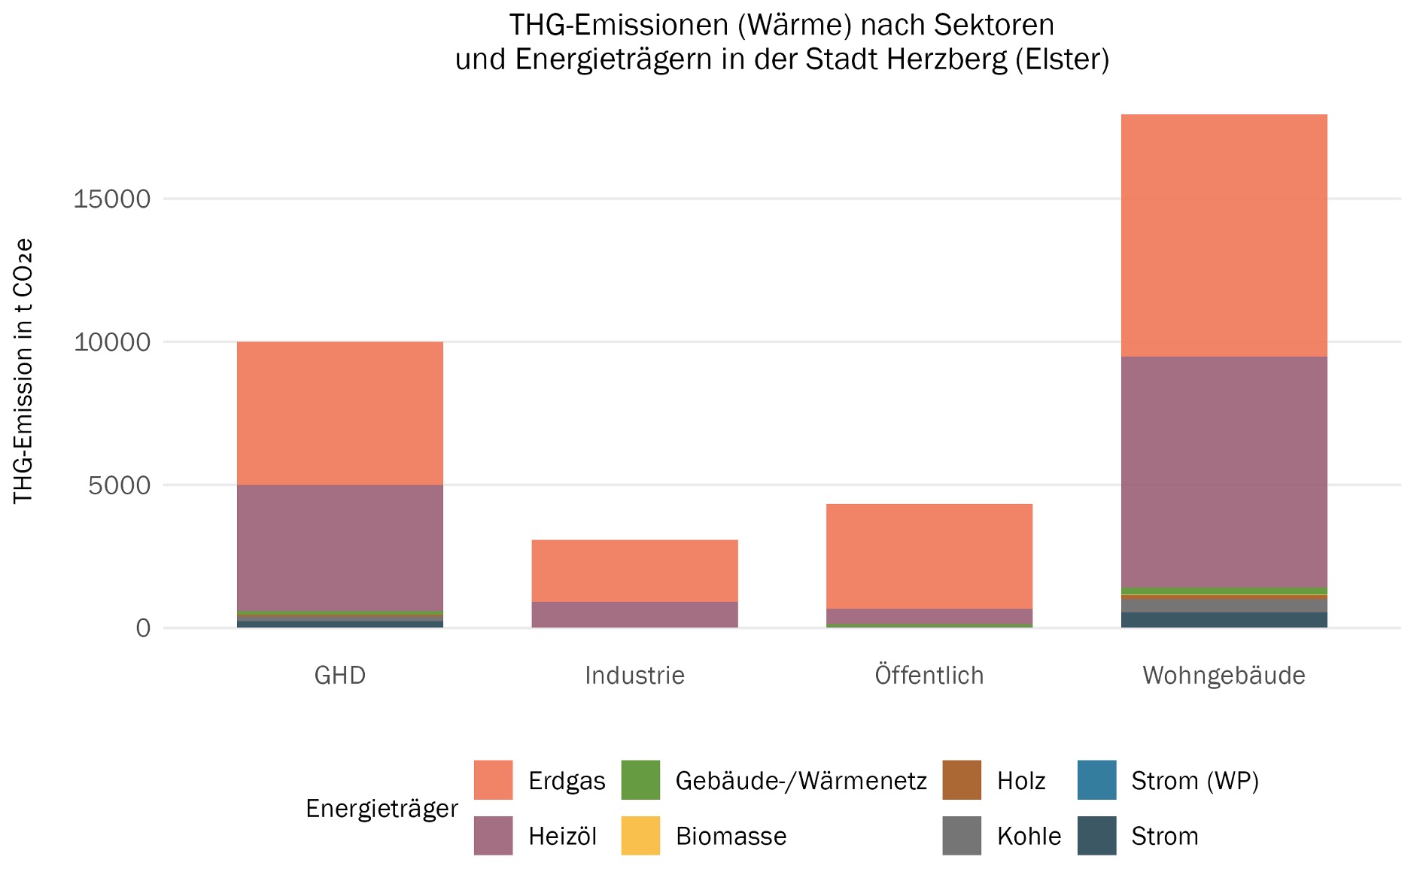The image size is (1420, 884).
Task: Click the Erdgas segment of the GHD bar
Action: pos(339,413)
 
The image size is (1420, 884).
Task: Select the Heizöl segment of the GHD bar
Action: pos(339,547)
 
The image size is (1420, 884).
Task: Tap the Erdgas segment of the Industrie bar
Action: pos(634,570)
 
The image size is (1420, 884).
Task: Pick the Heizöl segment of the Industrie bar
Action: pos(634,614)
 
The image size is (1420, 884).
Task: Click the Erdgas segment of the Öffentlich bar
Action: pos(929,556)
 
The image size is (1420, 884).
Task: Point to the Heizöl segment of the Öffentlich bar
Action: pos(929,616)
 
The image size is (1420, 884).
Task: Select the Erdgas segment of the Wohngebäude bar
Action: pos(1224,235)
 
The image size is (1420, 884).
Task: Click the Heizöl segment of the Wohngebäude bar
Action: pos(1224,471)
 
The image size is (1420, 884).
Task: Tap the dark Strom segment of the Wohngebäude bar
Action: pos(1224,620)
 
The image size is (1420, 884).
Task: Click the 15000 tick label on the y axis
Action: pos(112,199)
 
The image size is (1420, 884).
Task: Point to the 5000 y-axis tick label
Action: pos(120,485)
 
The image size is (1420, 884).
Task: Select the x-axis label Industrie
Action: pos(634,675)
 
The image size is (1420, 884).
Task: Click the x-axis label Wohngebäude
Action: pos(1224,675)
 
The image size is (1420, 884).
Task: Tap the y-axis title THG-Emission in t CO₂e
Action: pos(24,371)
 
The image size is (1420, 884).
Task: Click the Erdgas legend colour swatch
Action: pos(493,780)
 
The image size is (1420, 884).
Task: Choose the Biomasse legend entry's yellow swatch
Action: pos(640,836)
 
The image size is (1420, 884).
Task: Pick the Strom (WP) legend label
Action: pos(1194,781)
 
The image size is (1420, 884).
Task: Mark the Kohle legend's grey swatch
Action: pos(962,836)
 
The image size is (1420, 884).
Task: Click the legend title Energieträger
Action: pos(382,809)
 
